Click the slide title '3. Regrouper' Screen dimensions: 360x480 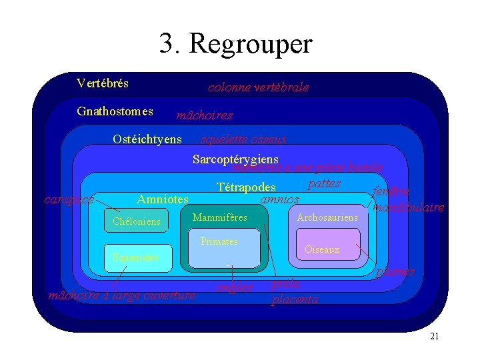point(235,44)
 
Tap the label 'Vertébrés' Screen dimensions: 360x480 point(103,84)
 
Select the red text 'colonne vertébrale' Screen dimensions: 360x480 point(258,87)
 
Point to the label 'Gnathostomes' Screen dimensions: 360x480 point(115,111)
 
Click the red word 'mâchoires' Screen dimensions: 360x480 point(204,116)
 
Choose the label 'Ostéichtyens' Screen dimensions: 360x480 point(147,139)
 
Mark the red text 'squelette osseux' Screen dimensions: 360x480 point(244,139)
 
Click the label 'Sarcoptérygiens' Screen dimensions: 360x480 point(235,159)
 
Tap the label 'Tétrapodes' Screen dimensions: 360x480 point(246,188)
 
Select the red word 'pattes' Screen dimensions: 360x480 point(325,183)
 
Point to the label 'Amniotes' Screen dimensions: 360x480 point(163,199)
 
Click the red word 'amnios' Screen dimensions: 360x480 point(279,199)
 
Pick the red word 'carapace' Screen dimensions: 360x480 point(69,199)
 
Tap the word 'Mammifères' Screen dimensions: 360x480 point(219,218)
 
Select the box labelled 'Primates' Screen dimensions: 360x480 point(223,250)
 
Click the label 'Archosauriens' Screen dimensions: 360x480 point(327,218)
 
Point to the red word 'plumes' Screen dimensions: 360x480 point(395,272)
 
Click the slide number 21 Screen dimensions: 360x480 point(434,337)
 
